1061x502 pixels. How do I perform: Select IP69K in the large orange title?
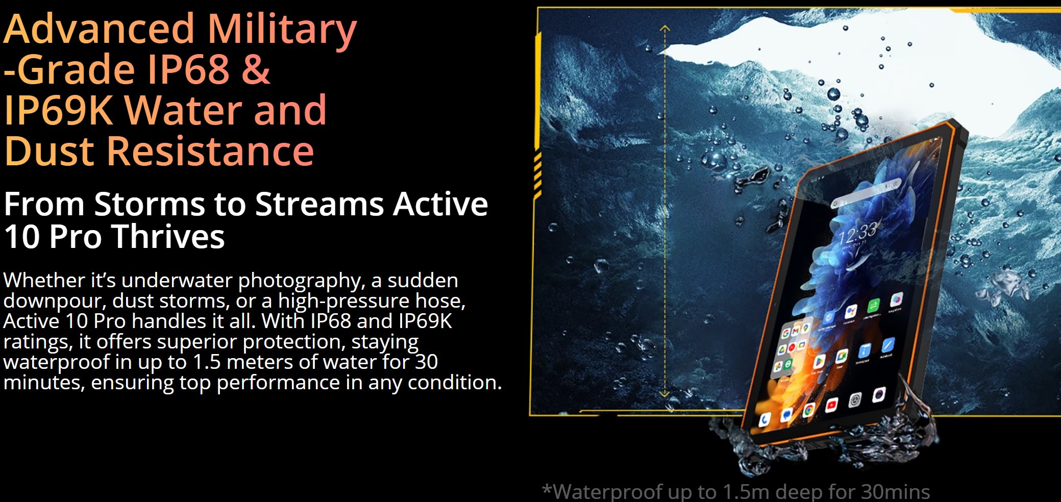[x=58, y=110]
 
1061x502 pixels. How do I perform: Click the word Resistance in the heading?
[x=210, y=151]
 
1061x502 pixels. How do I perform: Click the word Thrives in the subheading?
[x=168, y=236]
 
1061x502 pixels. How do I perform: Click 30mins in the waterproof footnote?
[x=895, y=492]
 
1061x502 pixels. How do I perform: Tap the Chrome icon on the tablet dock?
[x=808, y=410]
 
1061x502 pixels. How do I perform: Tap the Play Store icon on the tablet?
[x=819, y=362]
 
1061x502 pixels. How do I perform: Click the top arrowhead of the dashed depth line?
[x=664, y=29]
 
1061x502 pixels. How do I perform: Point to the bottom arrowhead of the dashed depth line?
[x=664, y=393]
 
